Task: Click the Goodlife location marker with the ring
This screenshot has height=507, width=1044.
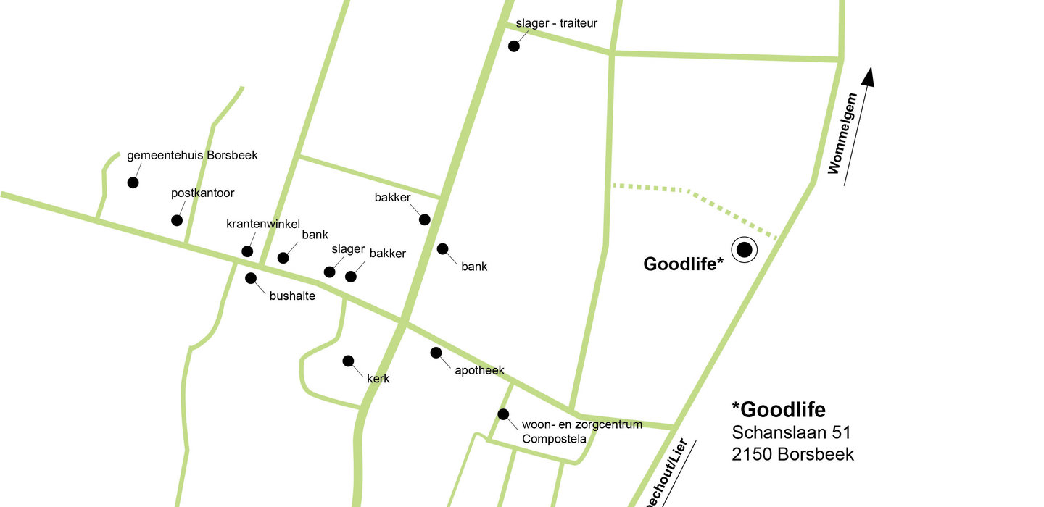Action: (744, 250)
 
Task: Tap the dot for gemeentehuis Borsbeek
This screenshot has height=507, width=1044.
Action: (133, 183)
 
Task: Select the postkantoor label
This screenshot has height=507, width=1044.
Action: (203, 193)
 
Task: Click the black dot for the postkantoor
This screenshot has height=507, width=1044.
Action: (177, 220)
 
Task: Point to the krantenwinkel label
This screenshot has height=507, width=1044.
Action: (262, 224)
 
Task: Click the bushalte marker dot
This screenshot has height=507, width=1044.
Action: (251, 278)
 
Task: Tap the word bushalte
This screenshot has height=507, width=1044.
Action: (292, 296)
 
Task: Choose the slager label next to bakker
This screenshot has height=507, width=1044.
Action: (348, 249)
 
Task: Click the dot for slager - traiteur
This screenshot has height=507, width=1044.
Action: (514, 46)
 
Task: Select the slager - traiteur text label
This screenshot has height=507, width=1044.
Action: (556, 23)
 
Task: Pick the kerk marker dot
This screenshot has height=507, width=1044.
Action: (348, 361)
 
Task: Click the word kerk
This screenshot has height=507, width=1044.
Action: (378, 378)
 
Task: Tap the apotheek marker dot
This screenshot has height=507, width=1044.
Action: (436, 353)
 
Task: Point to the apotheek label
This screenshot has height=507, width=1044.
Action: (479, 371)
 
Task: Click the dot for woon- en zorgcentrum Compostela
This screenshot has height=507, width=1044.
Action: (503, 414)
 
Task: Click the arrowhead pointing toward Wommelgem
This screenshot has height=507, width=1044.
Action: (869, 77)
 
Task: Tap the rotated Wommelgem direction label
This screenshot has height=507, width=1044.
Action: (842, 134)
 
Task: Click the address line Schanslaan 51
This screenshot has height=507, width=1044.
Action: (791, 432)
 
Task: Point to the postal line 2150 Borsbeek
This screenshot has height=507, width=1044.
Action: (792, 454)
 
